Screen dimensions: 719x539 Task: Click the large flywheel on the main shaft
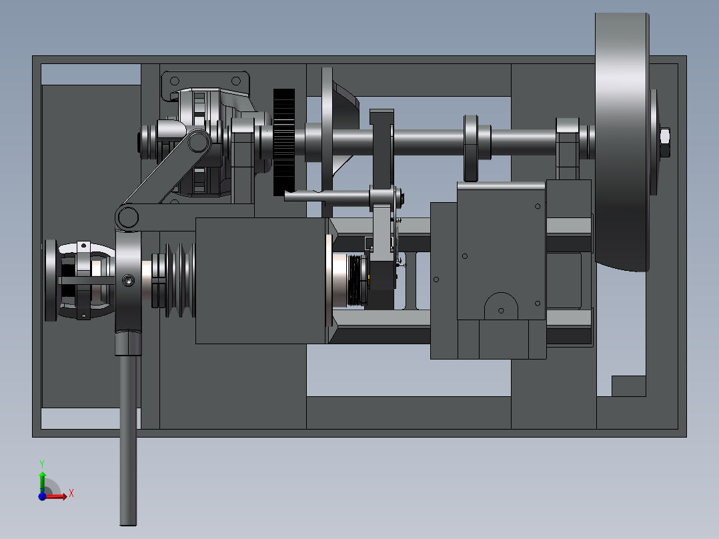click(622, 142)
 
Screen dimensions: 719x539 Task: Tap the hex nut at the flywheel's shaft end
click(664, 137)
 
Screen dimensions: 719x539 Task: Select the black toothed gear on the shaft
click(284, 142)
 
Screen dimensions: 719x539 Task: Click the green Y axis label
click(42, 464)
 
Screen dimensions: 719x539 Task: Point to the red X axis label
click(71, 494)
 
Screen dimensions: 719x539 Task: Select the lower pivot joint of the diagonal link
click(127, 217)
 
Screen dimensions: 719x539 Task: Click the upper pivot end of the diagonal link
click(197, 141)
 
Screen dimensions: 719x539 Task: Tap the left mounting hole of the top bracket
click(175, 81)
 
